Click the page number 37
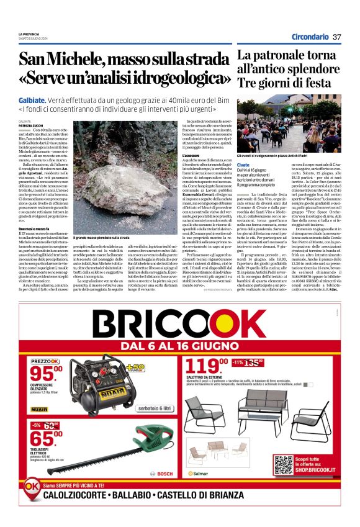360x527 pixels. (x=337, y=37)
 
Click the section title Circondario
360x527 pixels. (x=310, y=37)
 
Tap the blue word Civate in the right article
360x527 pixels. (x=243, y=164)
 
